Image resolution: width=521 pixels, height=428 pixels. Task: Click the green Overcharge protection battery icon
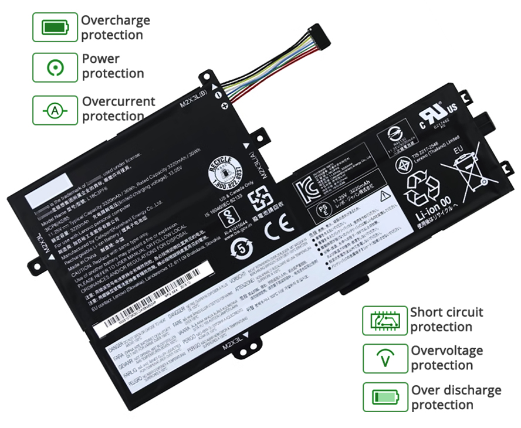(x=55, y=27)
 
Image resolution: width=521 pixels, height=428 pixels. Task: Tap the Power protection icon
(x=55, y=67)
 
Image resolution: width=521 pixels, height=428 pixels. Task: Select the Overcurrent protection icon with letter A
(x=55, y=110)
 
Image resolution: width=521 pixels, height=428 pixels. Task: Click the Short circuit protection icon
(x=384, y=320)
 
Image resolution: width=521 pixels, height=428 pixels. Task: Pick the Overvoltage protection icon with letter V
(x=384, y=358)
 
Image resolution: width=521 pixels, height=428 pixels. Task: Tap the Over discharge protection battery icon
(x=384, y=397)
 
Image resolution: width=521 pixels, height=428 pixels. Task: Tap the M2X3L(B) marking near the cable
(x=194, y=98)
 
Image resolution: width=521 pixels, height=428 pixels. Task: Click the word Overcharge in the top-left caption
(x=116, y=21)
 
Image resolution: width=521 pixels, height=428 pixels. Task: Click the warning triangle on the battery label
(x=385, y=196)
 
